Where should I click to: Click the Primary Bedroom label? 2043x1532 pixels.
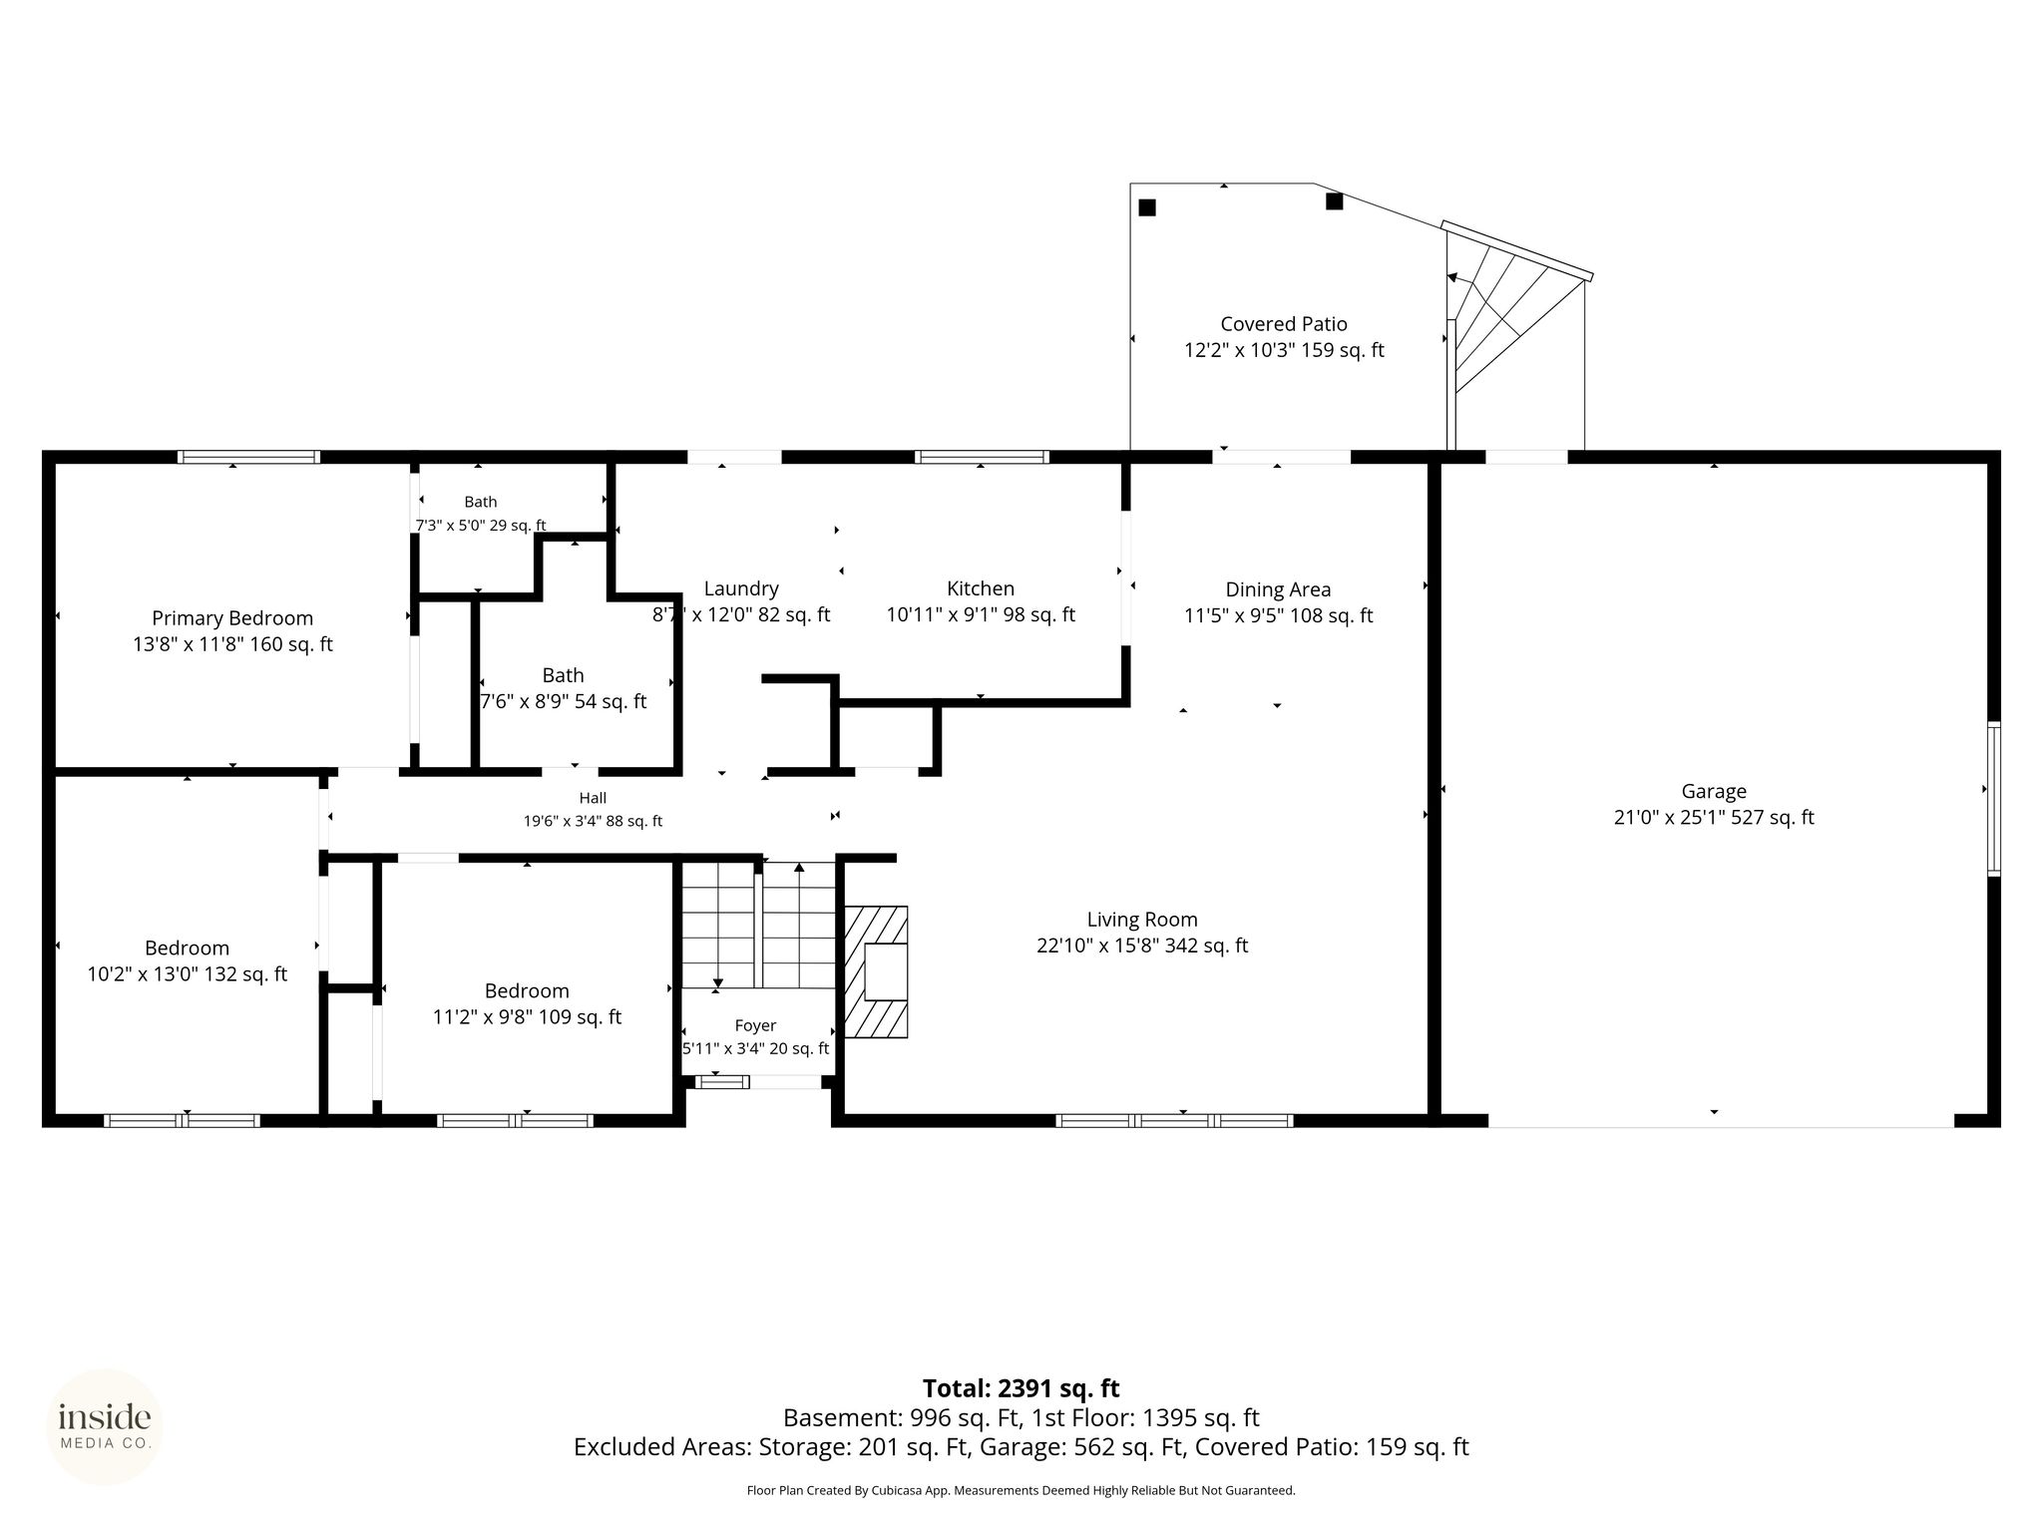click(232, 631)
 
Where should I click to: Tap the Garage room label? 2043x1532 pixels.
click(1714, 804)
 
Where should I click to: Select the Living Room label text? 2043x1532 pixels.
click(1142, 932)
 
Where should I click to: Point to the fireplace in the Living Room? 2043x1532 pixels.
click(876, 971)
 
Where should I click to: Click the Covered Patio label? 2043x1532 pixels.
click(1284, 337)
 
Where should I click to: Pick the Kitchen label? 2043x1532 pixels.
click(981, 601)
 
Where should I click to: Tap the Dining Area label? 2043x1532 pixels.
click(1278, 602)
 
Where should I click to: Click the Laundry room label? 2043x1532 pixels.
click(741, 601)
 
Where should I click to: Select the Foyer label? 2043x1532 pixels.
click(755, 1036)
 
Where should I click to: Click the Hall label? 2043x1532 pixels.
click(593, 809)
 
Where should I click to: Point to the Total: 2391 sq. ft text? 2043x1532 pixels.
click(1021, 1388)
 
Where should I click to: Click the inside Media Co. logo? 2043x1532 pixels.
click(105, 1427)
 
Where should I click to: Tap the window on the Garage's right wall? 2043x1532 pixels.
click(1993, 799)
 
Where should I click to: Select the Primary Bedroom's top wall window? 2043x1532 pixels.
click(248, 457)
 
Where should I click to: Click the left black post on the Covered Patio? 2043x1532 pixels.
click(1147, 207)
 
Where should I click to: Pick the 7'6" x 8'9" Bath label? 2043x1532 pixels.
click(564, 688)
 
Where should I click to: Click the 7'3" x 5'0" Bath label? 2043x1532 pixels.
click(481, 514)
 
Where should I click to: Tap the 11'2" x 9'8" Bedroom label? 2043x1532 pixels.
click(527, 1003)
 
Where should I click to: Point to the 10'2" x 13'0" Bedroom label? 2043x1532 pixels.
click(187, 960)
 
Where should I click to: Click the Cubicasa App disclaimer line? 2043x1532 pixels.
click(1021, 1491)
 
